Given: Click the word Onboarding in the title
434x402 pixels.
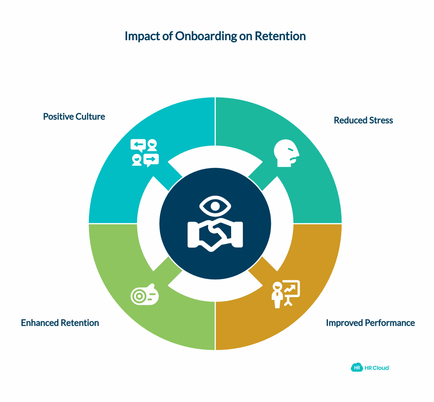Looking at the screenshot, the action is click(206, 36).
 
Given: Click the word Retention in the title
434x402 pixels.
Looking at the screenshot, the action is click(280, 36).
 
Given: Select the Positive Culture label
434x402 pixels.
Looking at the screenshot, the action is click(74, 117).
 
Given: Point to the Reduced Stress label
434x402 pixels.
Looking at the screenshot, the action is click(363, 120).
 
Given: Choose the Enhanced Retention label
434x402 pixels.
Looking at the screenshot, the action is click(60, 323).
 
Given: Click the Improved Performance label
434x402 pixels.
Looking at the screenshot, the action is click(370, 323).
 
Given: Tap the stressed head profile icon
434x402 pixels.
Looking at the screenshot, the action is click(286, 153).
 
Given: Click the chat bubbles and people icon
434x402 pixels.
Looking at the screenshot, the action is click(145, 153).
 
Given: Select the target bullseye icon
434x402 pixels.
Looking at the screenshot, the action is click(145, 295).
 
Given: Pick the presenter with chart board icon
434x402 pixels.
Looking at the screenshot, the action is click(286, 294).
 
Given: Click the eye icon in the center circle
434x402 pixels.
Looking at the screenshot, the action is click(215, 206).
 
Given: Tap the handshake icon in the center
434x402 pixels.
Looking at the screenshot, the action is click(215, 235).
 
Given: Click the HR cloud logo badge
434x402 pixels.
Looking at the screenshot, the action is click(357, 368).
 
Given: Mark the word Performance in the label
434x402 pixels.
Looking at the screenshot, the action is click(390, 323).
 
